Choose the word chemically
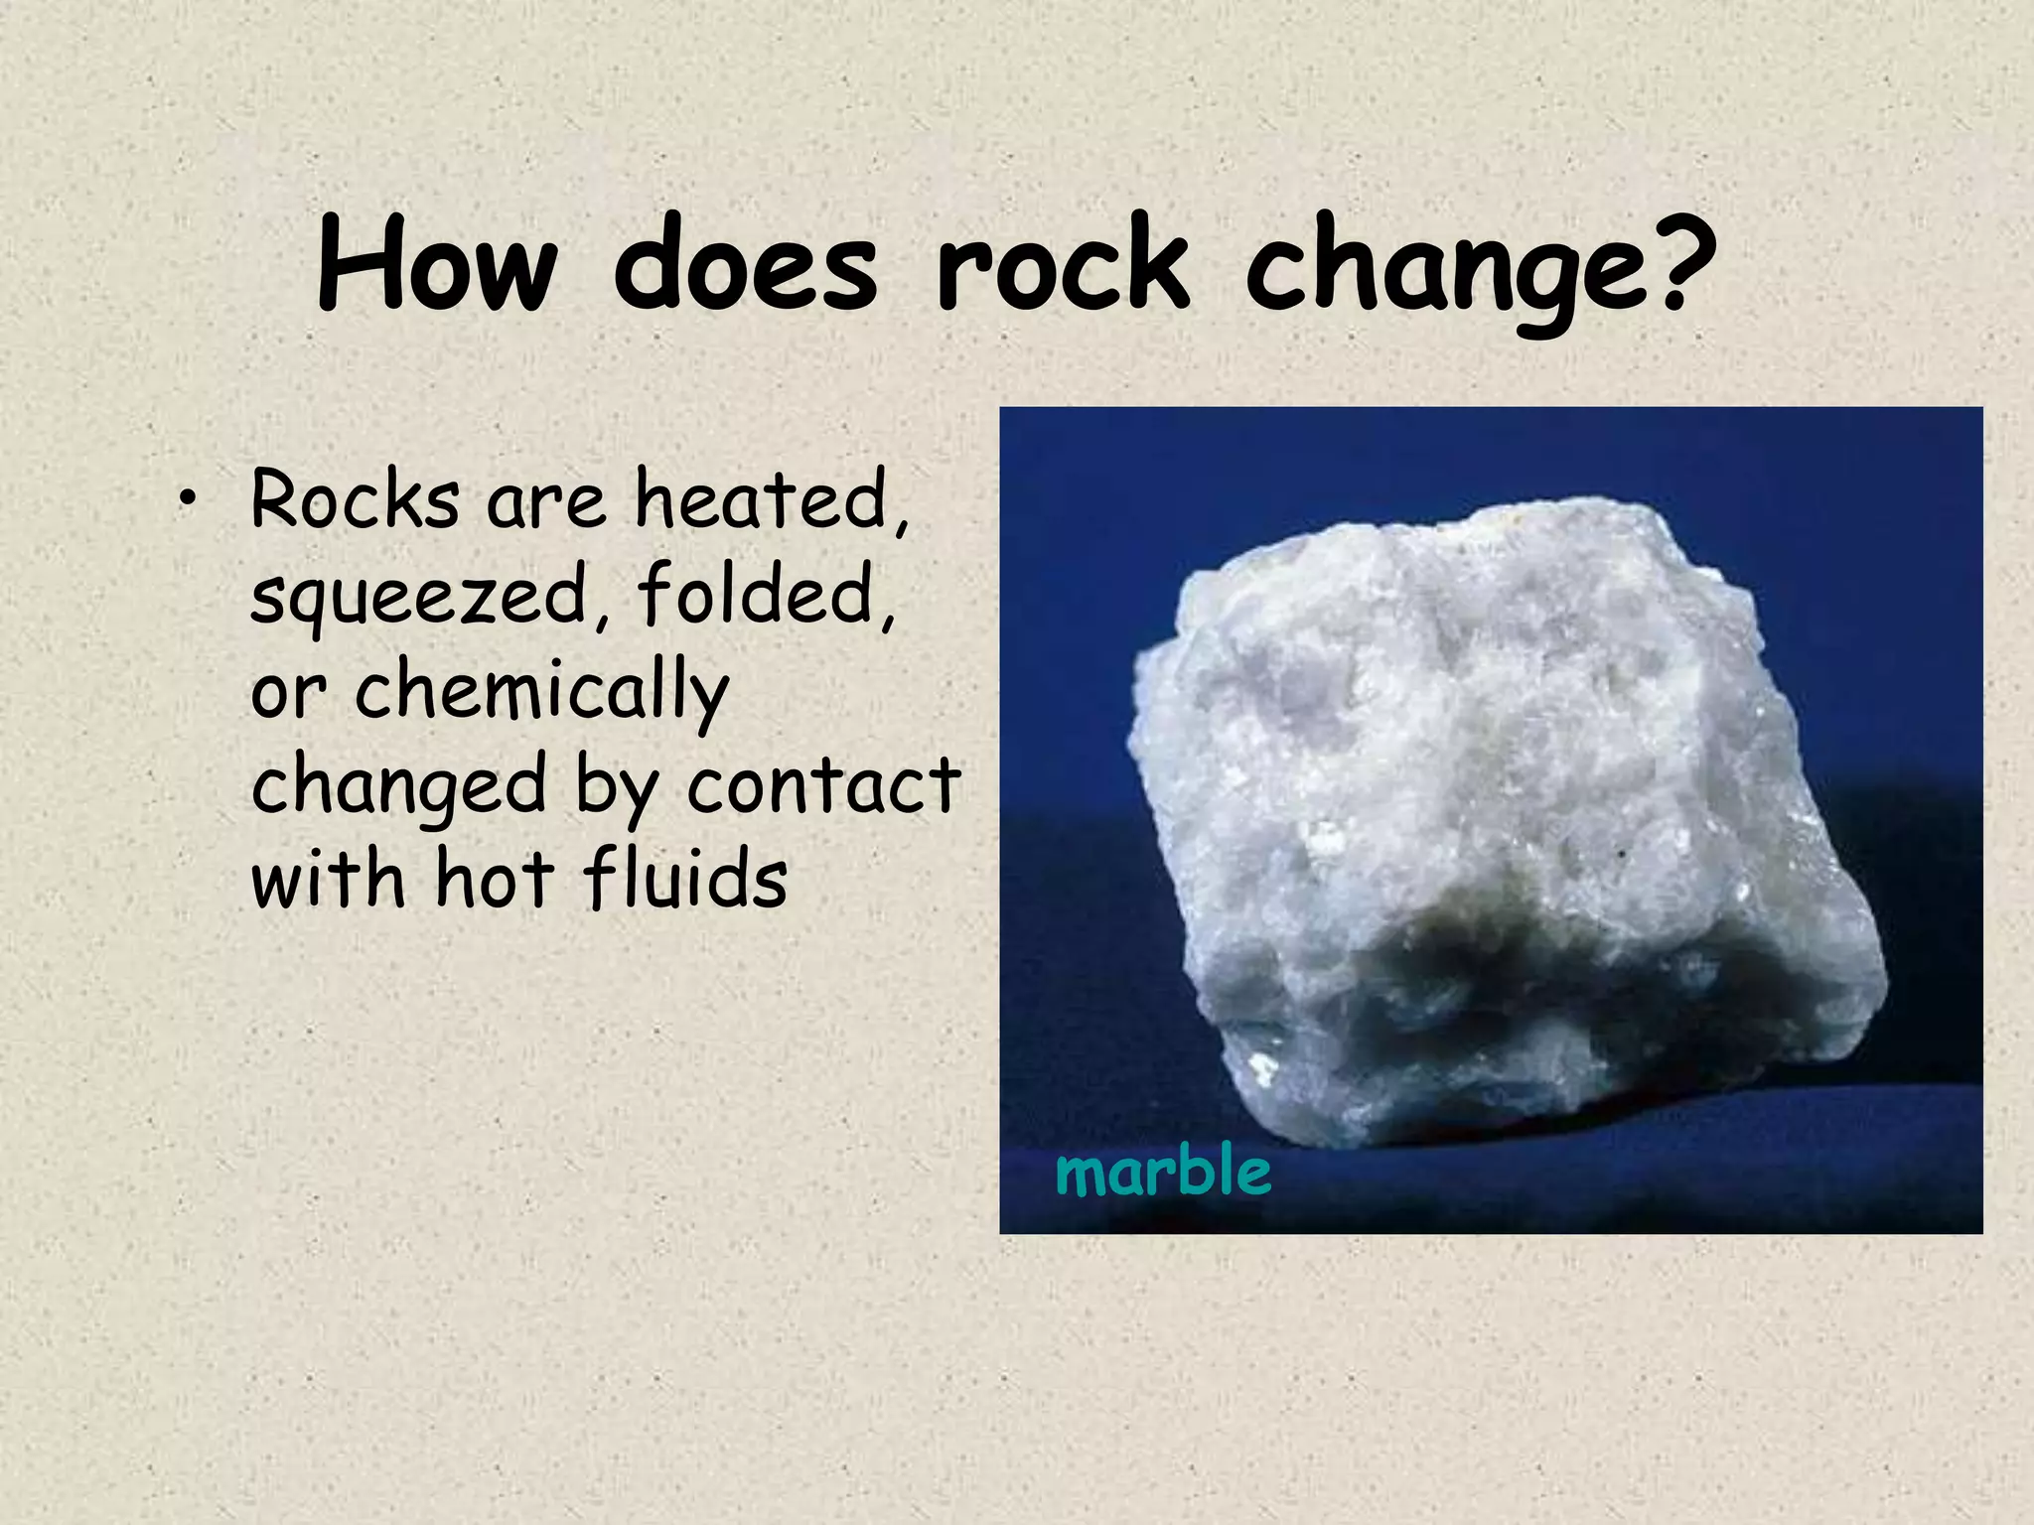tap(541, 692)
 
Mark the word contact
tap(823, 785)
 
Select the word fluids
tap(684, 879)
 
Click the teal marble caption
tap(1162, 1171)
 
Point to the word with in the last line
tap(328, 879)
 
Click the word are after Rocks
tap(545, 503)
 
